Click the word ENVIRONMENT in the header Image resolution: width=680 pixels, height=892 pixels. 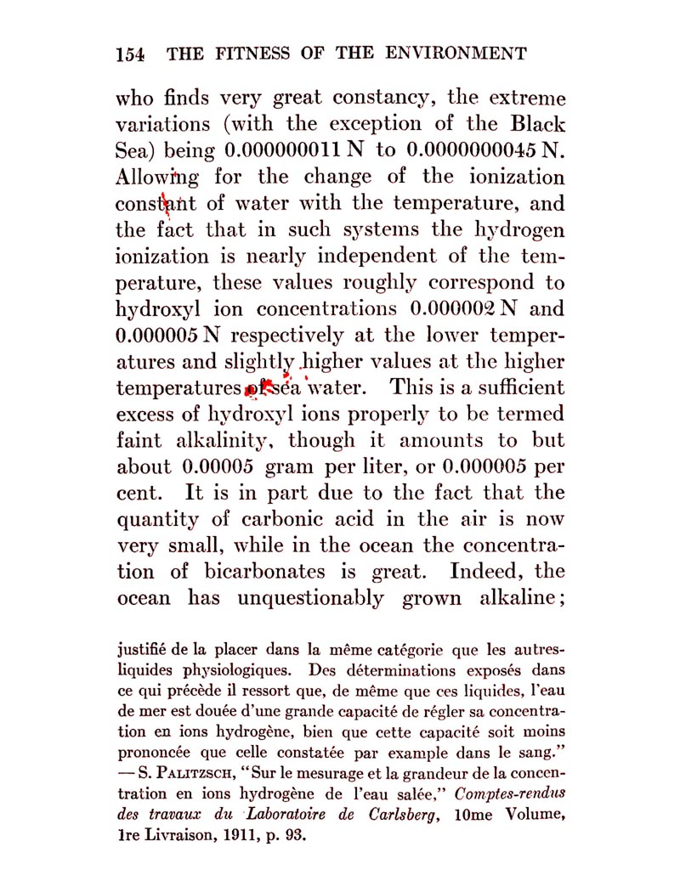456,54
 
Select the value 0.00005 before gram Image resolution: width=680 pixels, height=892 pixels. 218,467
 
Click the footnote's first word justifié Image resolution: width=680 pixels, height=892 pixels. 142,653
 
